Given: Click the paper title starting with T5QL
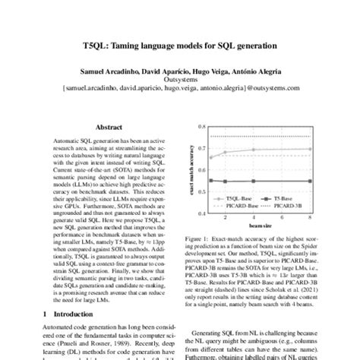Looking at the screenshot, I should coord(180,47).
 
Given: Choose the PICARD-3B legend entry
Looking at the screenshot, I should coord(278,204).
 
